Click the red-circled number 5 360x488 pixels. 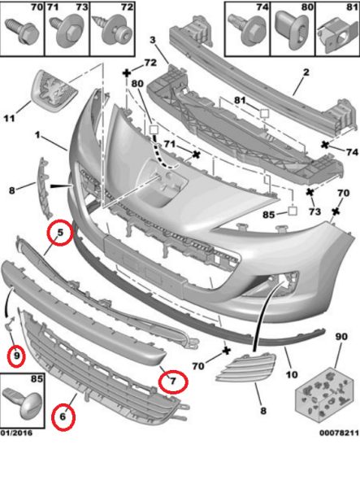(x=60, y=232)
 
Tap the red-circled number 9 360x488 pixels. (x=17, y=355)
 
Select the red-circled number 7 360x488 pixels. (x=173, y=381)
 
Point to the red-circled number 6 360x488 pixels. (x=63, y=416)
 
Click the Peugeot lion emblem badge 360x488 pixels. (x=54, y=90)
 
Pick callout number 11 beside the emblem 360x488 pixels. (x=9, y=118)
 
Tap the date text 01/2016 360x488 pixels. (x=16, y=433)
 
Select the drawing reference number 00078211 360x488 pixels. (x=339, y=433)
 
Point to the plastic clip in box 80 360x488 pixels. (x=293, y=31)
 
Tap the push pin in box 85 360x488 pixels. (x=23, y=403)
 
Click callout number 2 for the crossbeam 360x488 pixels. (x=306, y=72)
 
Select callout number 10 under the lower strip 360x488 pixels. (x=292, y=374)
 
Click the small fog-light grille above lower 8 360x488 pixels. (x=246, y=368)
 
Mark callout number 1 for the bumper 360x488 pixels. (x=37, y=135)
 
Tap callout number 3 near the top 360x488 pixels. (x=153, y=40)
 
